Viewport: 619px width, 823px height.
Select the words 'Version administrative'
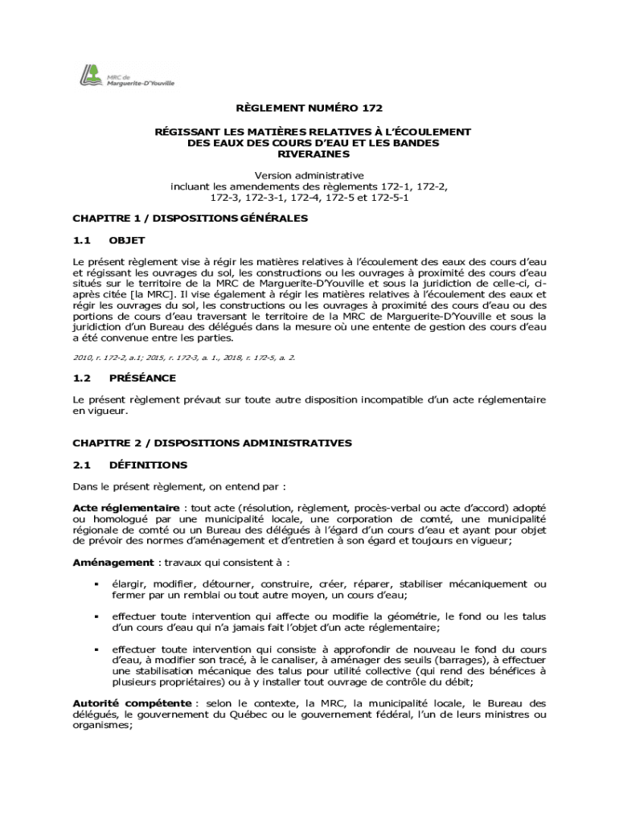(x=309, y=175)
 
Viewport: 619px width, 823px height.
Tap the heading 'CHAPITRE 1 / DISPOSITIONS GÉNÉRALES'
(x=190, y=218)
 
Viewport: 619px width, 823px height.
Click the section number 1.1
(x=83, y=240)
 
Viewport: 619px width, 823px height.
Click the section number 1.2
(x=83, y=378)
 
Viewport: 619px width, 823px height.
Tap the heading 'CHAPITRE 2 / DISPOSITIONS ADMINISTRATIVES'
(x=212, y=443)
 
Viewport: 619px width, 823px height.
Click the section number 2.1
(x=83, y=465)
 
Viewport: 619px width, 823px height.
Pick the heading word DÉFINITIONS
(x=148, y=465)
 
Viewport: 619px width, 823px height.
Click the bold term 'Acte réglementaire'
(x=126, y=508)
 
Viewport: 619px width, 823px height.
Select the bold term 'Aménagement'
(x=113, y=563)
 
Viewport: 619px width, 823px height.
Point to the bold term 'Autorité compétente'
(x=132, y=703)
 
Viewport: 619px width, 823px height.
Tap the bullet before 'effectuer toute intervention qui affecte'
(x=96, y=616)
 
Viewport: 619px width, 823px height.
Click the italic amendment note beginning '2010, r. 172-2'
(x=184, y=356)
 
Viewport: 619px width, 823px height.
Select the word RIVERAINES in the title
(x=309, y=154)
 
